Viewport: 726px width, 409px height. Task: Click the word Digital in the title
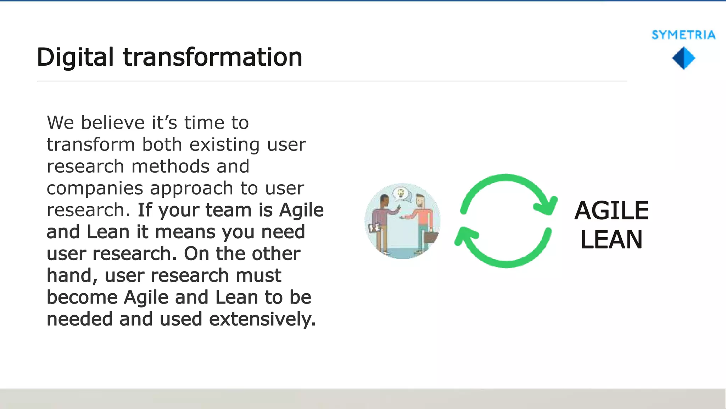[x=75, y=58]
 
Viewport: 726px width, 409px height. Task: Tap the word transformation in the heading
[x=212, y=58]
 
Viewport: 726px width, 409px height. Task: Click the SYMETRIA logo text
[x=683, y=35]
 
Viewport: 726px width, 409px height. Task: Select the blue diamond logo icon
[x=683, y=58]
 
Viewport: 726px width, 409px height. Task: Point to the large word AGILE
[x=611, y=211]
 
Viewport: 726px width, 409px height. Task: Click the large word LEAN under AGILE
[x=611, y=240]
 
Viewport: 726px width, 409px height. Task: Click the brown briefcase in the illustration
[x=431, y=237]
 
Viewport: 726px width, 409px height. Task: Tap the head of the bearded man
[x=420, y=201]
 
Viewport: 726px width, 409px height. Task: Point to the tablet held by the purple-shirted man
[x=374, y=228]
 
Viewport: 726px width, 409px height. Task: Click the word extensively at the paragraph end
[x=262, y=319]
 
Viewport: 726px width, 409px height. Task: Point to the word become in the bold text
[x=82, y=297]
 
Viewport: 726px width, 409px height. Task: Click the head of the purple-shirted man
[x=384, y=201]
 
